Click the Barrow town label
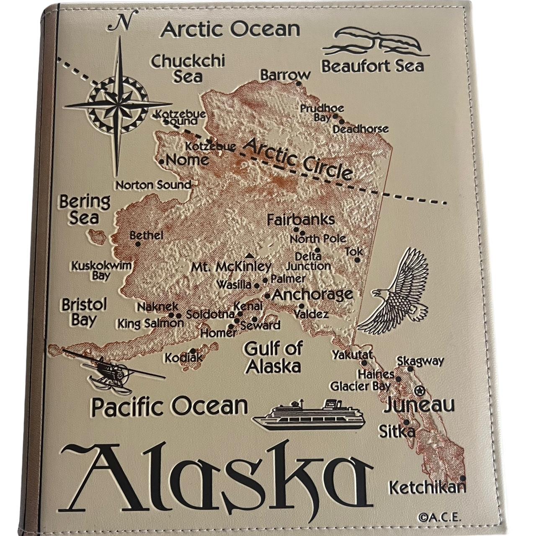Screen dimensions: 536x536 coord(285,75)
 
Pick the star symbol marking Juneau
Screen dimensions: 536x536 coord(418,391)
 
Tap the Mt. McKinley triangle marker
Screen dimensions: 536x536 coord(250,255)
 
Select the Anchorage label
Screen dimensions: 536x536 coord(312,294)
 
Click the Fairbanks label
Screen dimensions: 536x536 coord(301,219)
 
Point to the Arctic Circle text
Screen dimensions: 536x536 coord(298,159)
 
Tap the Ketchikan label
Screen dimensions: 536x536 coord(427,487)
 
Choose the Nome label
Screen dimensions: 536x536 coord(187,160)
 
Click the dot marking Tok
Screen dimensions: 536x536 coord(357,260)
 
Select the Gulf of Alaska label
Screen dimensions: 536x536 coord(273,357)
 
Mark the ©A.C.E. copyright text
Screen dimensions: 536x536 coord(439,517)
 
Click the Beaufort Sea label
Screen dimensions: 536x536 coord(372,66)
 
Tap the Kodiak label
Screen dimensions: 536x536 coord(183,358)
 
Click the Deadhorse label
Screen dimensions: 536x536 coord(360,129)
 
